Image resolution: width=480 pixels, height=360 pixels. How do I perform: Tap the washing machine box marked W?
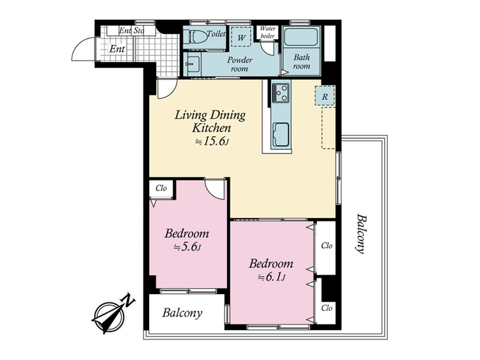point(241,37)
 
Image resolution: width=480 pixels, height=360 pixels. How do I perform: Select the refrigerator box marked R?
point(324,96)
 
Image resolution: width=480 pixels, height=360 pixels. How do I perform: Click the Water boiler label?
point(268,32)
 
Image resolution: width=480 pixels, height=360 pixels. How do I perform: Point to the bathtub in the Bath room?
point(301,38)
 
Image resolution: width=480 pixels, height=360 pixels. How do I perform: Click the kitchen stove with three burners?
point(282,93)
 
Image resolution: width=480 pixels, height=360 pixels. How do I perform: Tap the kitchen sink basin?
point(281,134)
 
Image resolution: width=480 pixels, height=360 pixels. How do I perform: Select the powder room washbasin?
point(193,64)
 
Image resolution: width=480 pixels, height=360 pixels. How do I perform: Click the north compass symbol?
point(111,315)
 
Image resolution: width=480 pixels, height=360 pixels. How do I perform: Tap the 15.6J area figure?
point(212,141)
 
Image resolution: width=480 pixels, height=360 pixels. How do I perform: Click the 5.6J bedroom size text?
point(187,247)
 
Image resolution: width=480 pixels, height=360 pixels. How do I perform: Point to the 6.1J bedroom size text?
point(271,277)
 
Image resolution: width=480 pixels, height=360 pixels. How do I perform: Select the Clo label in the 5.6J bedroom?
point(161,188)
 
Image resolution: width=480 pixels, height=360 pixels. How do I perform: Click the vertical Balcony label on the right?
point(362,233)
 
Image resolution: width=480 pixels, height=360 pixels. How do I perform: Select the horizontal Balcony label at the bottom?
point(182,313)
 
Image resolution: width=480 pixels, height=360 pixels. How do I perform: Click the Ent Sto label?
point(132,31)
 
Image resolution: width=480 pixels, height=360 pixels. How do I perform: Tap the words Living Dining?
point(210,115)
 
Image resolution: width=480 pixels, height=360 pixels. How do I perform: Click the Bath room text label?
point(301,61)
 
